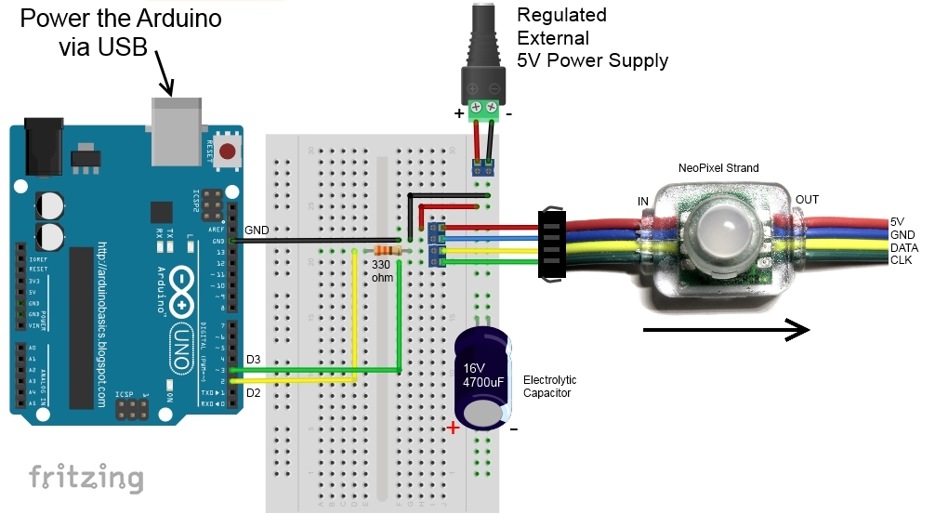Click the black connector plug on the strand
pos(552,244)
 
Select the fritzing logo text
pos(86,478)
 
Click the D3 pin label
pos(254,360)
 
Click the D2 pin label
pos(254,392)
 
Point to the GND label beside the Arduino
pos(257,230)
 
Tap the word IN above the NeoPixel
pos(642,201)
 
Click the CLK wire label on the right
pos(902,260)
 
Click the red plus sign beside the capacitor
pos(453,428)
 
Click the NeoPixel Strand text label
pos(718,168)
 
